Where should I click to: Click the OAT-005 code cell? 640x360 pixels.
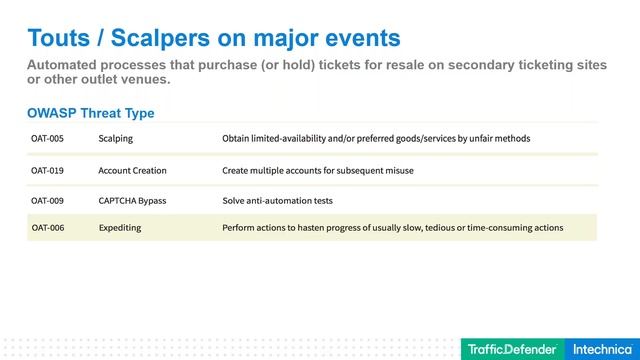[x=47, y=138]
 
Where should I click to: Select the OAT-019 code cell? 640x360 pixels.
[x=47, y=170]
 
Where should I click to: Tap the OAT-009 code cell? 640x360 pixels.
[x=47, y=200]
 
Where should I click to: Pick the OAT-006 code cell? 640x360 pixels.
[x=47, y=228]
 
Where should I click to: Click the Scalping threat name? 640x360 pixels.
[x=115, y=138]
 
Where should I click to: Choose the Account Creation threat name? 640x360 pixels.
[x=132, y=170]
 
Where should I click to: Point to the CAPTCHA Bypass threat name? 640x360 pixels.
[x=132, y=200]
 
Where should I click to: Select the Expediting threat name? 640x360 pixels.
[x=120, y=228]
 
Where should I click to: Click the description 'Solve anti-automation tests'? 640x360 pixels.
[x=277, y=200]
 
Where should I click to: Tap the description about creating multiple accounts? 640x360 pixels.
[x=317, y=170]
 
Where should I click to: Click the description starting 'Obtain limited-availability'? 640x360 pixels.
[x=376, y=138]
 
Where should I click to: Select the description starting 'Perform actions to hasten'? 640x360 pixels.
[x=392, y=228]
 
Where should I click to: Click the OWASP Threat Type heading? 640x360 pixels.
[x=90, y=113]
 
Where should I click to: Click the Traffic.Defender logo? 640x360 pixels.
[x=512, y=349]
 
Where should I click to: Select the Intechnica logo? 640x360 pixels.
[x=601, y=349]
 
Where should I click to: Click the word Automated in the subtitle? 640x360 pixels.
[x=65, y=65]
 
